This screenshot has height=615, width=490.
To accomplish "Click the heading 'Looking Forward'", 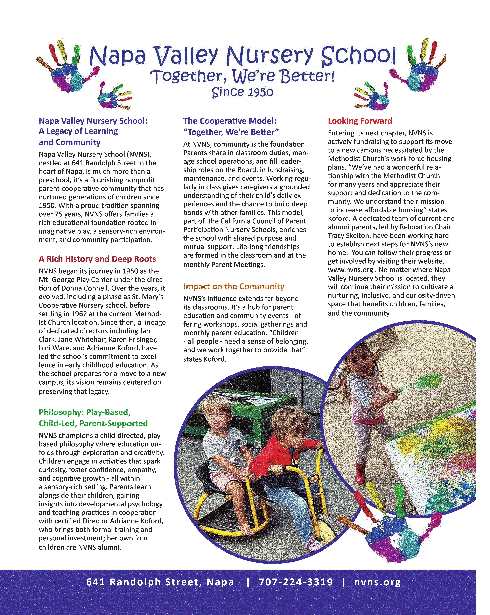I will pyautogui.click(x=360, y=121).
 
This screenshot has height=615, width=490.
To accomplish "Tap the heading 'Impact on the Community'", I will pyautogui.click(x=234, y=286).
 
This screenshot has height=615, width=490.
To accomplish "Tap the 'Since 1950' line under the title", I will pyautogui.click(x=242, y=92).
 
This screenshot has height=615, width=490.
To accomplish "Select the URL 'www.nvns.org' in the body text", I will pyautogui.click(x=350, y=270).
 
